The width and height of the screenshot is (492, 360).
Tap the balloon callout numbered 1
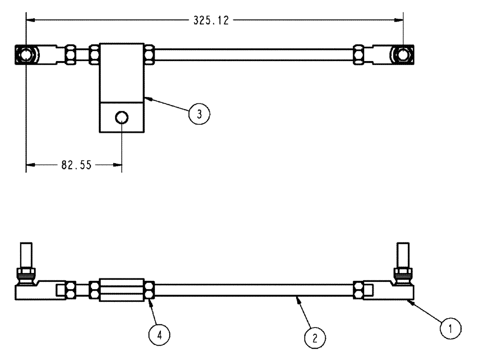coord(451,327)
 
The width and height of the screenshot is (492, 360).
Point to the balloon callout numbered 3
coord(199,114)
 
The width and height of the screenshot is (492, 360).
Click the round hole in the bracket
coord(122,117)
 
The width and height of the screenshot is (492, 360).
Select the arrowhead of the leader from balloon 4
coord(150,301)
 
